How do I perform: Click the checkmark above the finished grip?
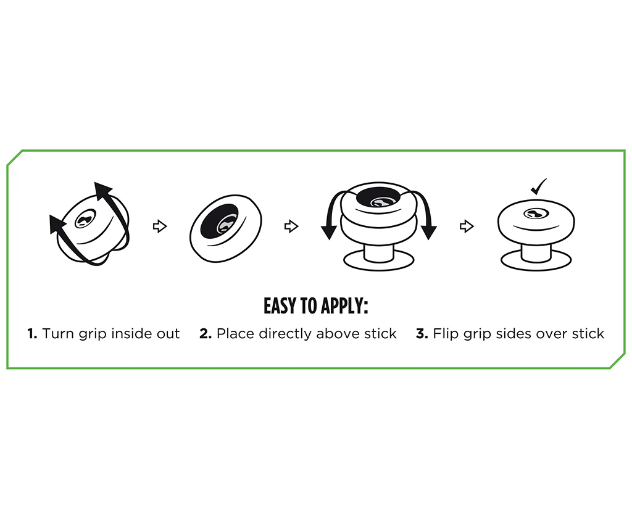(538, 186)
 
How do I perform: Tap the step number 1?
(32, 334)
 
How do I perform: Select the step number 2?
(206, 334)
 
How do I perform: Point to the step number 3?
(422, 334)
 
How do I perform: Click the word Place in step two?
(235, 334)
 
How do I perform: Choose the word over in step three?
(553, 334)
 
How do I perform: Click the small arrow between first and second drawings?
(160, 226)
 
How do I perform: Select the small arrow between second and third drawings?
(291, 226)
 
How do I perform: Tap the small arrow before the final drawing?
(467, 226)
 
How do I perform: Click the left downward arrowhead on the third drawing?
(329, 233)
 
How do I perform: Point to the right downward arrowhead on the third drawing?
(429, 233)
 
